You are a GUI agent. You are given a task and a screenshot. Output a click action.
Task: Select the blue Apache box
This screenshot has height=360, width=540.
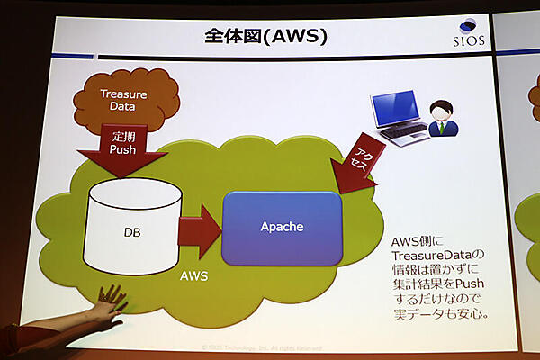coord(282,227)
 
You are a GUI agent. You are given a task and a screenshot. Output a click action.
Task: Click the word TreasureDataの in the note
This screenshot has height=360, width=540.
coord(439,259)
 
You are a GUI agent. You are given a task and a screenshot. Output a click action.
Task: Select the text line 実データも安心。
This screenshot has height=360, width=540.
coord(440,316)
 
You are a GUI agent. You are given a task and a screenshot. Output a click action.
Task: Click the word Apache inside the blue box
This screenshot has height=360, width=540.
coord(282,227)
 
